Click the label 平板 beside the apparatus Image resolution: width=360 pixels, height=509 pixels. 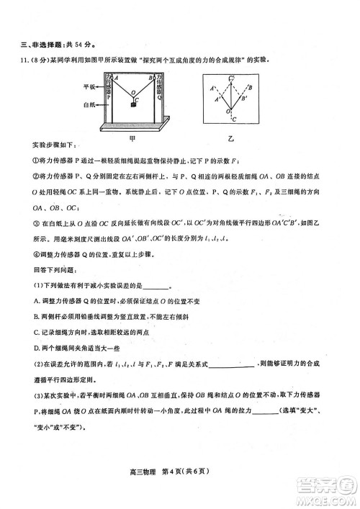pos(89,86)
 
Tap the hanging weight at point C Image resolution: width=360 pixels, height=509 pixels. pos(133,105)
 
